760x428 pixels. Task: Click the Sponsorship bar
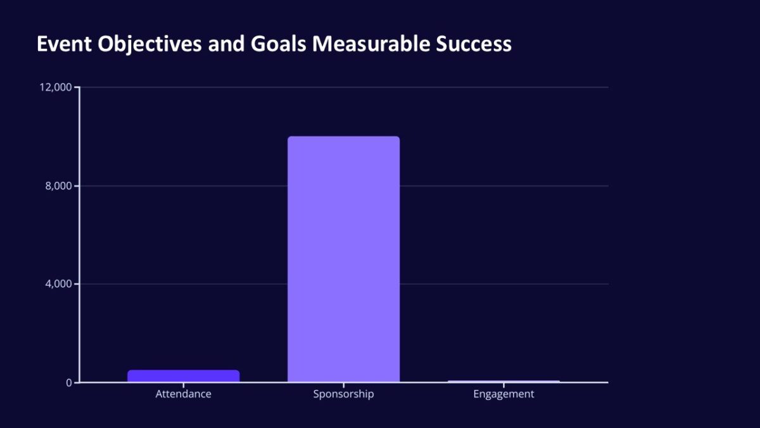pos(343,259)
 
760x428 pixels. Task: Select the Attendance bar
pos(184,376)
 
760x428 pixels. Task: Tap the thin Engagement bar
pos(503,381)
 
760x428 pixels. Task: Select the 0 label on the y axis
pos(69,382)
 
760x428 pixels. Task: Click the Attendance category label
pos(184,394)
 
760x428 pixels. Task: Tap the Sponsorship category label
pos(343,394)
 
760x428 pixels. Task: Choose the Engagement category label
pos(503,394)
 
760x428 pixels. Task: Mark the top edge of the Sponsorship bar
pos(343,137)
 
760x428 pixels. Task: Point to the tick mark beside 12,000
pos(77,87)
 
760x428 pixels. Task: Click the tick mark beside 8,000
pos(77,186)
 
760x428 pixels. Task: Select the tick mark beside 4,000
pos(77,284)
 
